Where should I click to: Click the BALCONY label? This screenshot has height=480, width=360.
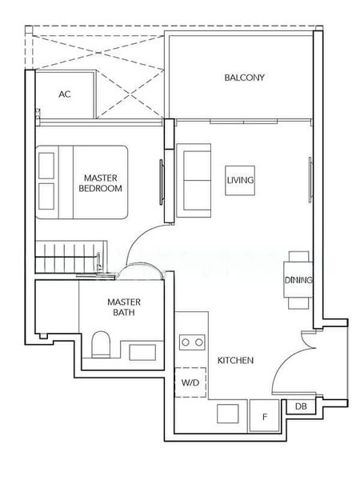tap(244, 78)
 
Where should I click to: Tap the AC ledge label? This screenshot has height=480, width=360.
tap(65, 94)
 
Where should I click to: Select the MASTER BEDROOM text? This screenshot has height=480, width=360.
tap(101, 183)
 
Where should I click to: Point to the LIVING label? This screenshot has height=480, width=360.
tap(240, 180)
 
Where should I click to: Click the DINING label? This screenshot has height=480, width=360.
tap(298, 280)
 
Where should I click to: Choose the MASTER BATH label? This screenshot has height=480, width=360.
tap(124, 307)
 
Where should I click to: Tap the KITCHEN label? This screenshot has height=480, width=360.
tap(235, 360)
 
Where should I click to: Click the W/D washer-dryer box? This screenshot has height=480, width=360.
tap(190, 382)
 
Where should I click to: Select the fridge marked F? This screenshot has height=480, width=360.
tap(265, 416)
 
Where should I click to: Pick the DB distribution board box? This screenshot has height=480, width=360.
tap(301, 406)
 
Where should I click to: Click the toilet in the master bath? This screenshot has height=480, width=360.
tap(101, 344)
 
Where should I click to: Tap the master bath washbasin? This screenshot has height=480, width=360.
tap(142, 352)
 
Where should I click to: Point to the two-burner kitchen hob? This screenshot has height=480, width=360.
tap(192, 342)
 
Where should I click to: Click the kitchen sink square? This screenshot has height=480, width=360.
tap(228, 414)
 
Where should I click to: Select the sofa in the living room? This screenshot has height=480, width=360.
tap(194, 181)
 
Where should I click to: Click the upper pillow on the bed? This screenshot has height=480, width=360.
tap(47, 166)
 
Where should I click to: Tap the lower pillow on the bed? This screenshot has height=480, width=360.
tap(47, 197)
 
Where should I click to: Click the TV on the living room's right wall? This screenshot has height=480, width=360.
tap(310, 180)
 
